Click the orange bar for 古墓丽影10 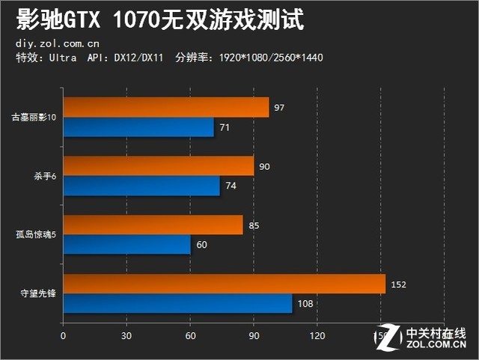pyautogui.click(x=166, y=108)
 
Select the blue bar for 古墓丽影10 pyautogui.click(x=138, y=127)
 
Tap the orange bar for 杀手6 pyautogui.click(x=159, y=166)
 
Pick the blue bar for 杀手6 pyautogui.click(x=141, y=186)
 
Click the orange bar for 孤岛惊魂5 pyautogui.click(x=153, y=225)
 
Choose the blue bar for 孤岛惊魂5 pyautogui.click(x=127, y=245)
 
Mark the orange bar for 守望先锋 pyautogui.click(x=225, y=284)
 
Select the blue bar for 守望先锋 pyautogui.click(x=177, y=303)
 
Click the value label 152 pyautogui.click(x=400, y=284)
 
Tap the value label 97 pyautogui.click(x=279, y=108)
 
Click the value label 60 pyautogui.click(x=201, y=245)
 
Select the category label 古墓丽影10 pyautogui.click(x=34, y=118)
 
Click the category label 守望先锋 pyautogui.click(x=40, y=294)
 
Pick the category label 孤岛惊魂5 pyautogui.click(x=36, y=235)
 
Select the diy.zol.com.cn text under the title pyautogui.click(x=56, y=43)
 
